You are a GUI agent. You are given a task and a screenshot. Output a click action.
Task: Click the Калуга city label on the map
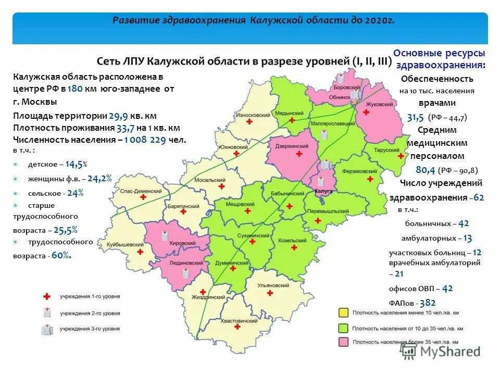coord(323,192)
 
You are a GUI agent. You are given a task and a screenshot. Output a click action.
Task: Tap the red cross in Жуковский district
coord(367,112)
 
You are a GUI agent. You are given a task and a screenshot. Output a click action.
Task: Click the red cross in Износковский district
coord(249,122)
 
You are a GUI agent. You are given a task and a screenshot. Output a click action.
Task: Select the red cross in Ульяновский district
coord(270,293)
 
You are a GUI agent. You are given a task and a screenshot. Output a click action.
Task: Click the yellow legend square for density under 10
coord(344,313)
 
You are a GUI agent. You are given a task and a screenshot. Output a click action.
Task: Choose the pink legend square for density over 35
coord(344,342)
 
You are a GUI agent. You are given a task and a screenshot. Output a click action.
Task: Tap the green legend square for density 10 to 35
coord(344,328)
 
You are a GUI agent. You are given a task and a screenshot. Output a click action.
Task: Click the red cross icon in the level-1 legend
coord(46,296)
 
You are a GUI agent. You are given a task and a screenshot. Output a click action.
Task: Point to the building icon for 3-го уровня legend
coord(46,329)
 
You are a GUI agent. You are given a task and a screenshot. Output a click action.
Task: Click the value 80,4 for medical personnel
coord(425,170)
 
